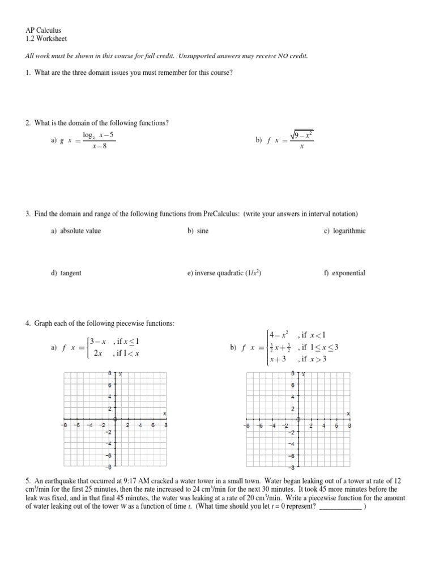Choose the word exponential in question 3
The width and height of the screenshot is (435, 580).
349,273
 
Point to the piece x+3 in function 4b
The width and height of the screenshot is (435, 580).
278,359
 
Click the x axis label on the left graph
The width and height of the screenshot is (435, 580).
164,413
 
